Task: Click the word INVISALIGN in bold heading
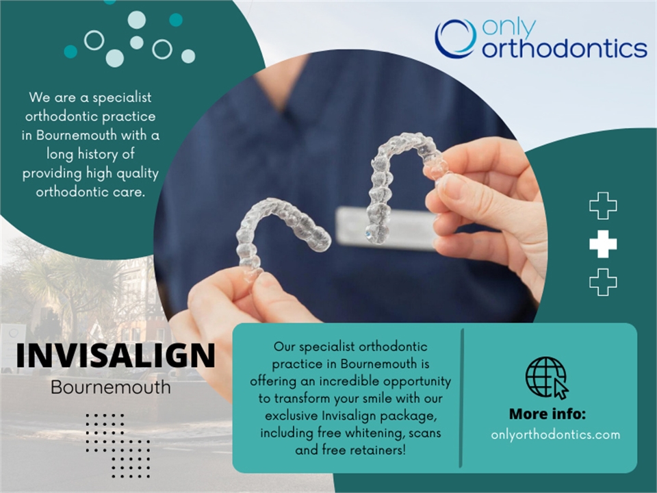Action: (115, 356)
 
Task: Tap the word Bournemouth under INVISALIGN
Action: (111, 387)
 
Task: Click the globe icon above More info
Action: (546, 377)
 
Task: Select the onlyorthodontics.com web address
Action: (556, 434)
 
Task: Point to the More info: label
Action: (547, 415)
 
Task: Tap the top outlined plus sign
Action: (603, 206)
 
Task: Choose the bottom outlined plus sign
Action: (603, 282)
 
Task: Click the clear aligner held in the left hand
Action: (281, 229)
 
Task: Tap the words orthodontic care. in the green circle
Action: (90, 191)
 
